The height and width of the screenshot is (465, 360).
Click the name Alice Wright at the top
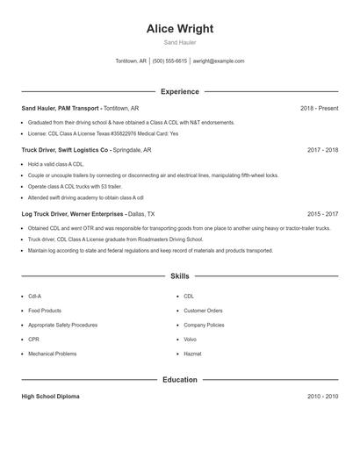[180, 28]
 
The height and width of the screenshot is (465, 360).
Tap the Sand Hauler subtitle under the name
[180, 42]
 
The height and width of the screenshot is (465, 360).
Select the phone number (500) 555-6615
[169, 61]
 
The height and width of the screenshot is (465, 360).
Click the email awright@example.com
[218, 61]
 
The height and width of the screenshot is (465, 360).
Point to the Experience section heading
[180, 91]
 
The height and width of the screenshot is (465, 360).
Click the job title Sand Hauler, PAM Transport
[60, 108]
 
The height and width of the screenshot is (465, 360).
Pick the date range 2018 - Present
[319, 108]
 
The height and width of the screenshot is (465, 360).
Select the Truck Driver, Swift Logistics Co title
[65, 150]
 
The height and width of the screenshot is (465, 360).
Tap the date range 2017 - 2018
[322, 150]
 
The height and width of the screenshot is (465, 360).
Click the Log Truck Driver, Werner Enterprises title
[74, 213]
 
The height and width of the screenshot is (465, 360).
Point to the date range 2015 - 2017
[322, 213]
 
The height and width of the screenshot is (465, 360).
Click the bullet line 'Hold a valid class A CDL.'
[55, 164]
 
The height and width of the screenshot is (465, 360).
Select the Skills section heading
[180, 275]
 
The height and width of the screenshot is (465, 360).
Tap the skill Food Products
[45, 311]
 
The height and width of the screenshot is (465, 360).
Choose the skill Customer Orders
[203, 311]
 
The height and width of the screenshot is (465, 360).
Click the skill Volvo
[190, 339]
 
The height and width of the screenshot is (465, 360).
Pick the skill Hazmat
[192, 354]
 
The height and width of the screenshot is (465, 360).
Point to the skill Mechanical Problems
[52, 354]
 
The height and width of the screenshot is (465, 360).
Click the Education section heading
[180, 380]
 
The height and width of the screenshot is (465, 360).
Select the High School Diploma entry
[50, 397]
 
